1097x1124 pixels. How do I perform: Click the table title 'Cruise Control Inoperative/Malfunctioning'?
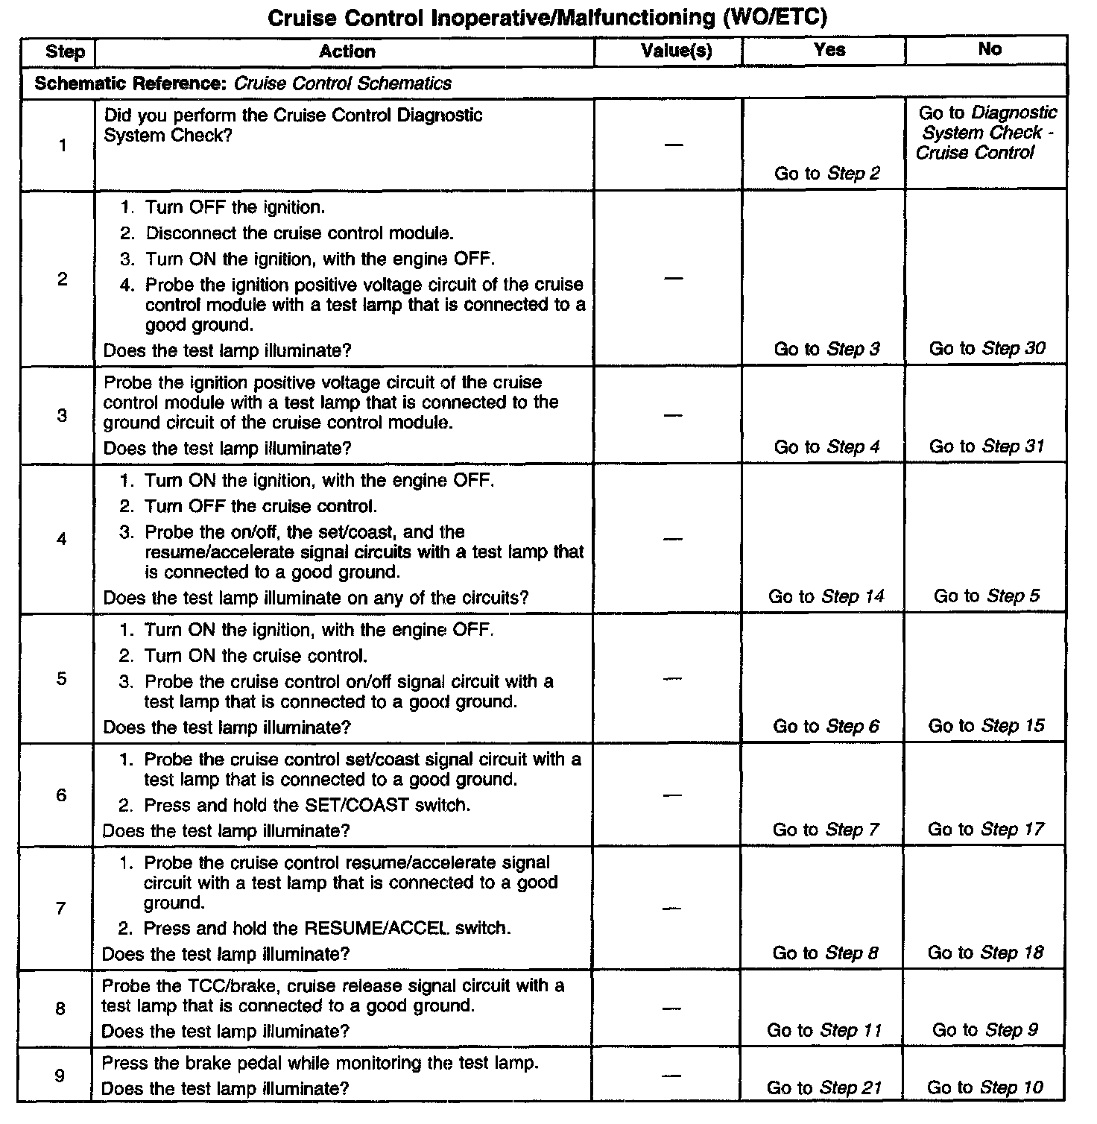click(547, 17)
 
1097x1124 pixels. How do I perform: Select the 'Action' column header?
click(347, 51)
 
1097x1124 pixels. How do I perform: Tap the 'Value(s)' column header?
click(676, 51)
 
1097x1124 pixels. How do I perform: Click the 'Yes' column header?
click(829, 50)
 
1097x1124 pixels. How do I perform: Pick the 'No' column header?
click(989, 49)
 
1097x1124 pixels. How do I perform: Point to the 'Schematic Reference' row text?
click(243, 83)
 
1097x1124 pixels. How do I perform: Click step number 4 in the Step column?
click(62, 539)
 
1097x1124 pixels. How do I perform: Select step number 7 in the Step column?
click(60, 908)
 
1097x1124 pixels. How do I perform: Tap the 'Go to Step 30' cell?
click(987, 348)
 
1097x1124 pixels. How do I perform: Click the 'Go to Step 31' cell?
click(987, 446)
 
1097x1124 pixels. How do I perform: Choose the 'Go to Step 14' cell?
click(826, 596)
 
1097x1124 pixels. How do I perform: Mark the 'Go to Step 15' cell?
click(986, 726)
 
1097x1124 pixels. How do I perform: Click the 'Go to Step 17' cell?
click(986, 830)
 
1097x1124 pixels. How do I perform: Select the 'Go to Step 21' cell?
click(824, 1088)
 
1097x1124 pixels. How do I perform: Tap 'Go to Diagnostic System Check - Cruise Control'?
click(987, 133)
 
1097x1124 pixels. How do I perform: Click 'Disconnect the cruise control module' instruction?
click(300, 233)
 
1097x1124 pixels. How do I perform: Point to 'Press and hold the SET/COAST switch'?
click(307, 805)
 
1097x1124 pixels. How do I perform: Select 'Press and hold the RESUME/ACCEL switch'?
click(327, 929)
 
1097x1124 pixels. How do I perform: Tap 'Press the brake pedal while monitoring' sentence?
click(320, 1063)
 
